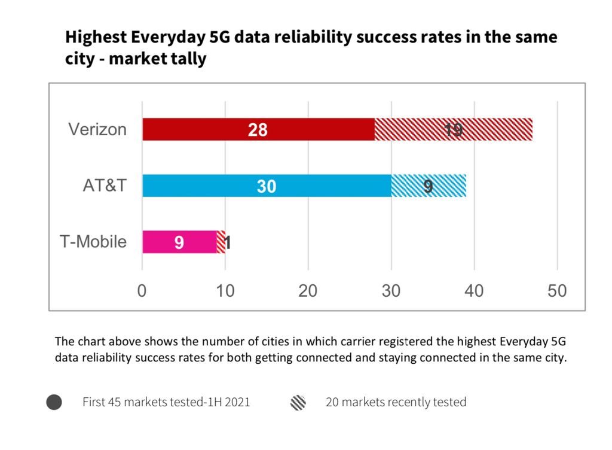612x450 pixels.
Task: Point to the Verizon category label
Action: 97,129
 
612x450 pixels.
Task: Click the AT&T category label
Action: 105,186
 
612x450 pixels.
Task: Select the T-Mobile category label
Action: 93,242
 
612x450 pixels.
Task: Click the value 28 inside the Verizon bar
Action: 258,130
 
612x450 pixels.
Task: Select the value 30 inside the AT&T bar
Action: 267,187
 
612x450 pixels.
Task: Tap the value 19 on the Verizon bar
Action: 453,130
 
